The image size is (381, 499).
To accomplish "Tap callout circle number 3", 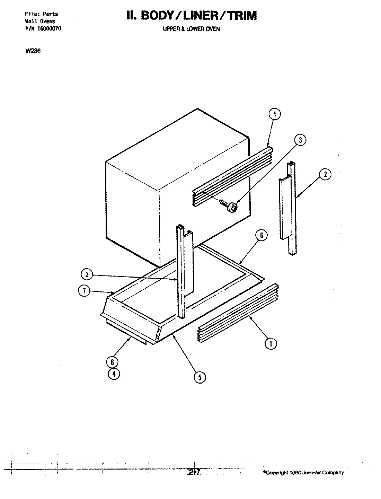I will coord(300,140).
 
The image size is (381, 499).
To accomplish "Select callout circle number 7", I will coord(83,290).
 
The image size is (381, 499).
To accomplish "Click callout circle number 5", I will coord(200,377).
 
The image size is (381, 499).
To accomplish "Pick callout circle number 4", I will coord(112,374).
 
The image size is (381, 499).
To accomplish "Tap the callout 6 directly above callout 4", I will coord(112,362).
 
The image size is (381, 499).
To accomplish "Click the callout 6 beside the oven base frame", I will coord(261,236).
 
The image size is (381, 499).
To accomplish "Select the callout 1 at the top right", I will coord(274,115).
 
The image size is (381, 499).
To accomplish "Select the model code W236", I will coord(30,49).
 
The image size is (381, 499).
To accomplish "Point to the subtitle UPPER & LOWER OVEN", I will coord(191,29).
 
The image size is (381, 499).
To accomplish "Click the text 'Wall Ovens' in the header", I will coord(40,21).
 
